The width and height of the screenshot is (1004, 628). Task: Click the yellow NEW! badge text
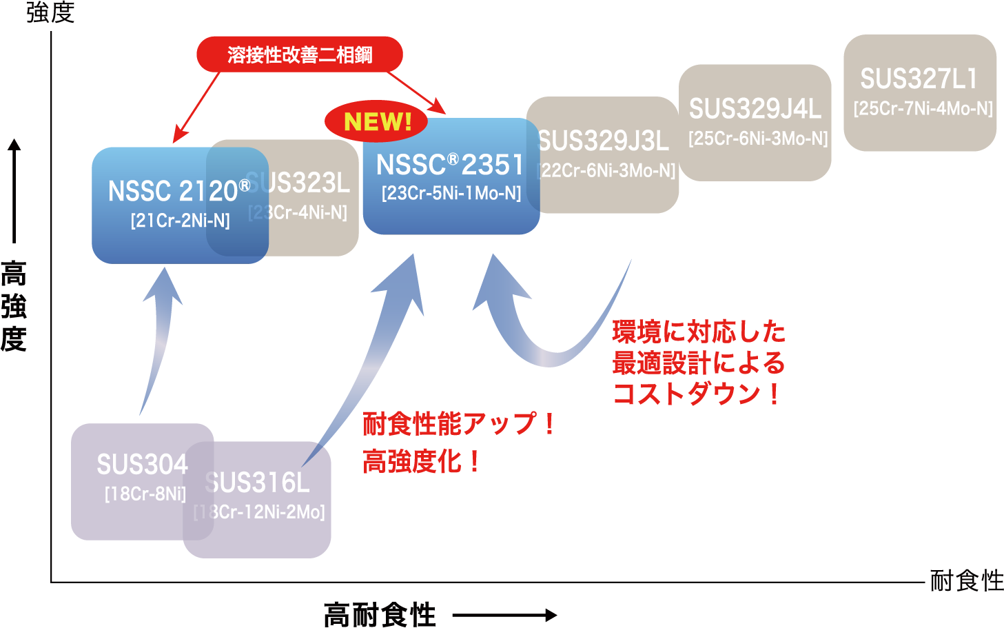(378, 122)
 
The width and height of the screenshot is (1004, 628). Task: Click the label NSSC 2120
(173, 192)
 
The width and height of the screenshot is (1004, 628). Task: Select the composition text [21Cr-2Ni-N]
(180, 221)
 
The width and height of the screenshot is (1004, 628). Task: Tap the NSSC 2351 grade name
(450, 165)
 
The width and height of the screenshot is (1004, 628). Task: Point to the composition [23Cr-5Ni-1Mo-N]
(451, 194)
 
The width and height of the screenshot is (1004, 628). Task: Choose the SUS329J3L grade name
(603, 141)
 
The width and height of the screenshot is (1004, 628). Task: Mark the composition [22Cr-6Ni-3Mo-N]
(607, 171)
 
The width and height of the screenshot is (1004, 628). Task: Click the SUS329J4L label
(755, 109)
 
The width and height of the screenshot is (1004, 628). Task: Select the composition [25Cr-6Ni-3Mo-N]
(758, 139)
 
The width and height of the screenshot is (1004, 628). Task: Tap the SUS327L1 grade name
(919, 79)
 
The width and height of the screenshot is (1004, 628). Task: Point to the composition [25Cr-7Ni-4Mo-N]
(923, 109)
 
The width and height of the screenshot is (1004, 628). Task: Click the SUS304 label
(142, 465)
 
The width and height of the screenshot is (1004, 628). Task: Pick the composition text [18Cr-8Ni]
(145, 494)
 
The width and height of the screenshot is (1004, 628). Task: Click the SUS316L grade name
(258, 483)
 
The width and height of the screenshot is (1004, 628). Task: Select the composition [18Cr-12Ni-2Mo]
(260, 512)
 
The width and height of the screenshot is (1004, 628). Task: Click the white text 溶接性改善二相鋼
(300, 55)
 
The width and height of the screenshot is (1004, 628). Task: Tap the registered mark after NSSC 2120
(244, 185)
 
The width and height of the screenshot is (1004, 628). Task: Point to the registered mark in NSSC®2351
(453, 159)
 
